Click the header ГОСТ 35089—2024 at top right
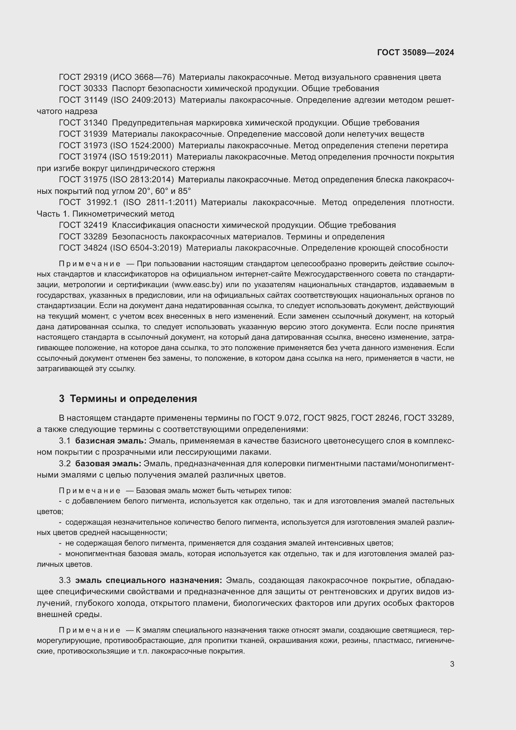point(415,52)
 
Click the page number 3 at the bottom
point(452,664)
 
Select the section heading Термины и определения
point(133,398)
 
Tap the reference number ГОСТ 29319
point(83,77)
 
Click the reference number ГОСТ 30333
point(83,88)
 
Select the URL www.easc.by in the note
point(197,284)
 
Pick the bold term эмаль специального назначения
point(148,580)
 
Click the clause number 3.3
point(65,580)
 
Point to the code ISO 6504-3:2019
point(146,248)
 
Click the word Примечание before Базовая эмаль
point(90,491)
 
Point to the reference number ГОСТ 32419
point(83,225)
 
